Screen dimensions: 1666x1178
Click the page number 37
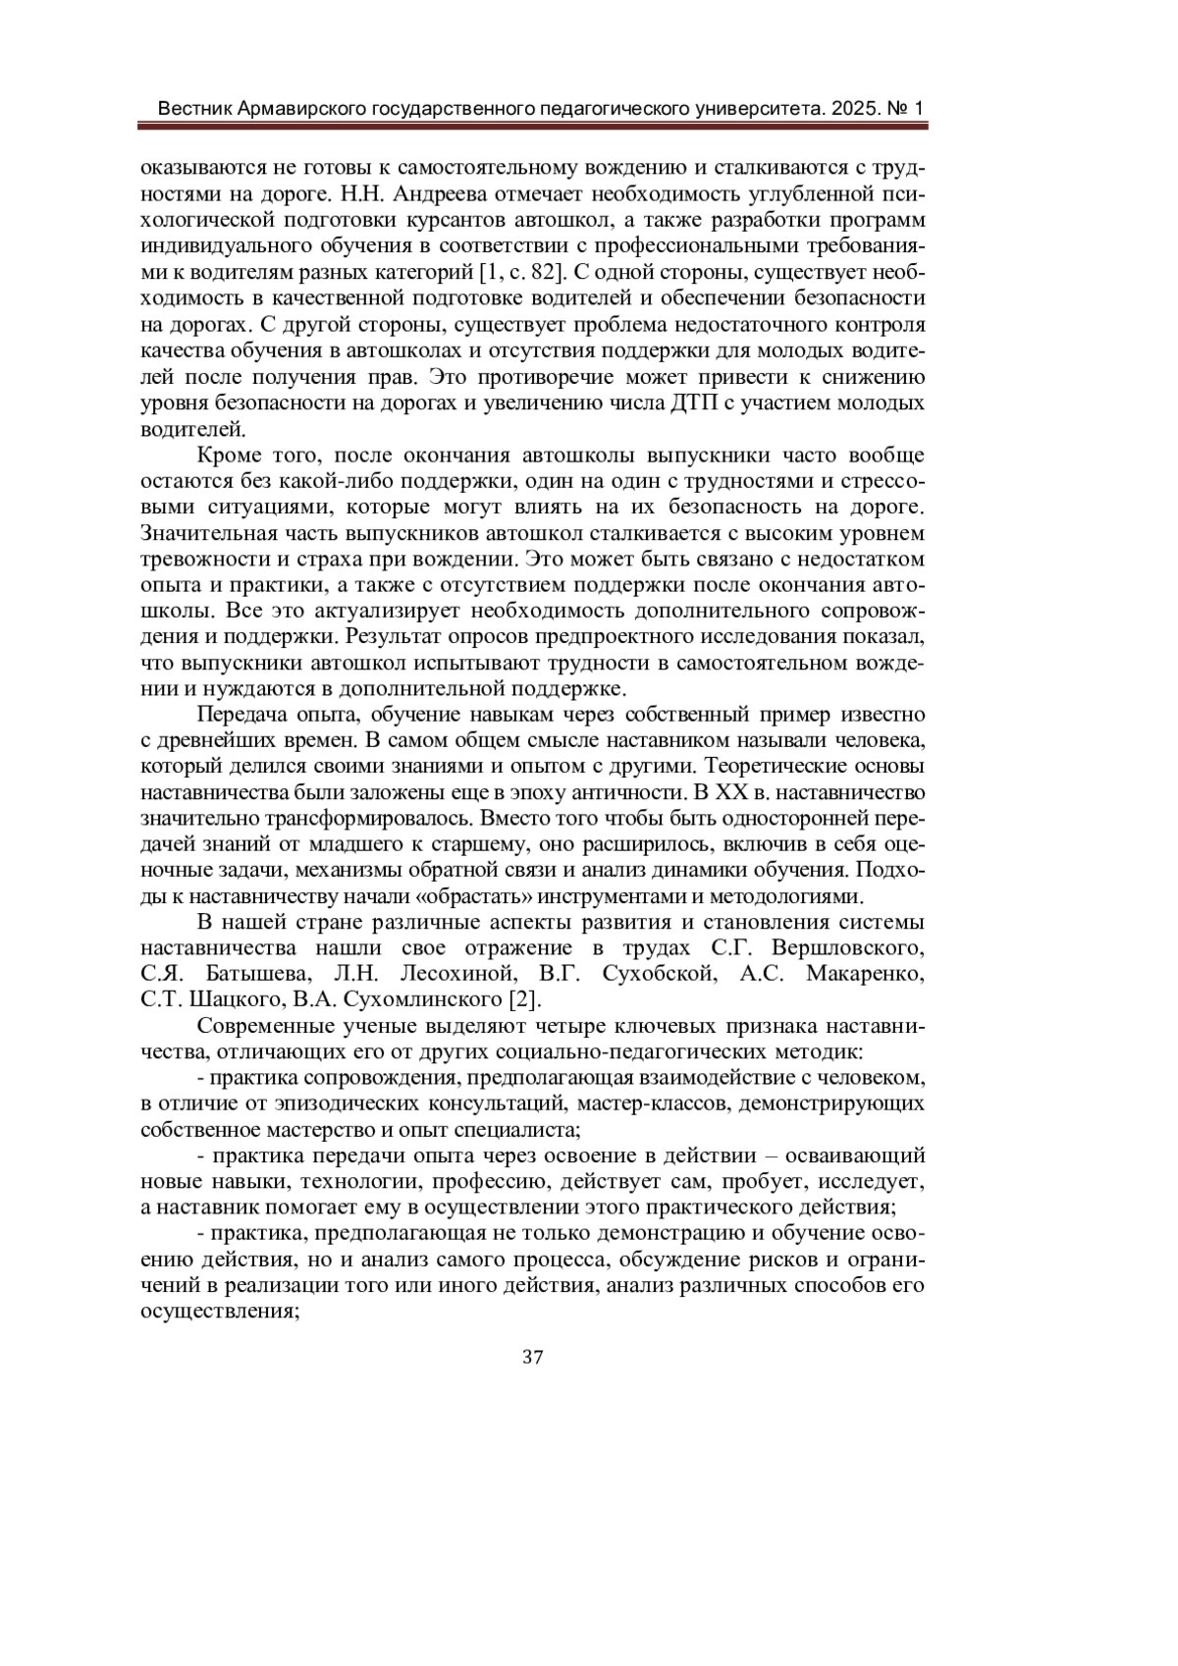(x=533, y=1358)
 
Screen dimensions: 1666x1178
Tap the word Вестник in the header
(x=196, y=107)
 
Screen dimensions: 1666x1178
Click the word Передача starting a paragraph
(x=242, y=714)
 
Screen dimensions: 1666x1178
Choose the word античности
(x=635, y=792)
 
